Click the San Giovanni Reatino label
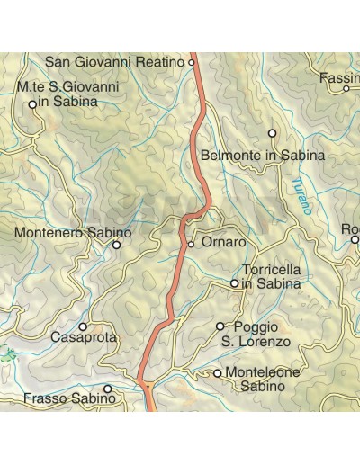(114, 62)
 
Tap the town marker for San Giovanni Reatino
(192, 62)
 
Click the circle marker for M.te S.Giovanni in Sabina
(32, 104)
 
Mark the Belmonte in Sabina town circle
(272, 133)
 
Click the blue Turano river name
(301, 196)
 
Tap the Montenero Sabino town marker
(116, 245)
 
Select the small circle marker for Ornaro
(191, 244)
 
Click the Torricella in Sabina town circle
(235, 283)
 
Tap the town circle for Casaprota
(83, 326)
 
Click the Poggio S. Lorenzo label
(256, 334)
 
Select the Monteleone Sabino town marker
(217, 372)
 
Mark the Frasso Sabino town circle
(108, 389)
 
